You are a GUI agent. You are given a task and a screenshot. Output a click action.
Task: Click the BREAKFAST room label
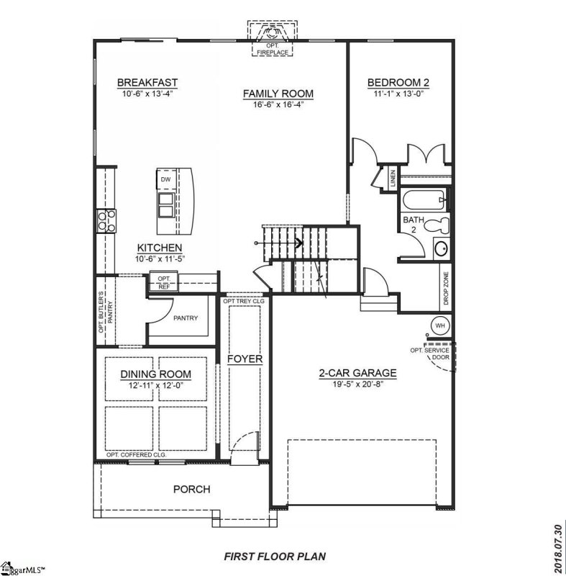147,83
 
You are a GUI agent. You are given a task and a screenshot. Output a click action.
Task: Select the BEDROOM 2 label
398,82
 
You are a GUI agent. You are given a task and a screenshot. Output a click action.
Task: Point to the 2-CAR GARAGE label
357,373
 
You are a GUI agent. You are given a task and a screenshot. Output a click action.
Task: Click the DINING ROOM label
155,374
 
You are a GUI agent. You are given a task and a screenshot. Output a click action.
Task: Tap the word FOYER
245,359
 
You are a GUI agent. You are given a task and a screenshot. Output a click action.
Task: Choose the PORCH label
191,490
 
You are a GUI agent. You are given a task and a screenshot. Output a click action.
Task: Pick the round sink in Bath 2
442,251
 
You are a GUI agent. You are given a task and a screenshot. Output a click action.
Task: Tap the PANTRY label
185,318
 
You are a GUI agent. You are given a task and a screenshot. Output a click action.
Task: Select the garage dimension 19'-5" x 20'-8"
357,384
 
